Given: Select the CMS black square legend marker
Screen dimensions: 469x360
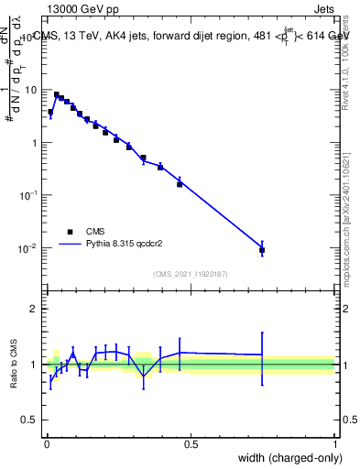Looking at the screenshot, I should [70, 232].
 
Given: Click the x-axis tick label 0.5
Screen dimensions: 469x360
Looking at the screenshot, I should [191, 443].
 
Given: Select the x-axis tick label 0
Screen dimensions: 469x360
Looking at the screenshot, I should [47, 443].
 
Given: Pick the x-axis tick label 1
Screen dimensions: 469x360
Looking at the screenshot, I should [335, 443].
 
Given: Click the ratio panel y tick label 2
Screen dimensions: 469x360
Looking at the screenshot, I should [34, 309].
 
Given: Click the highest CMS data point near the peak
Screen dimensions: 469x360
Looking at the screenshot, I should [56, 94].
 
